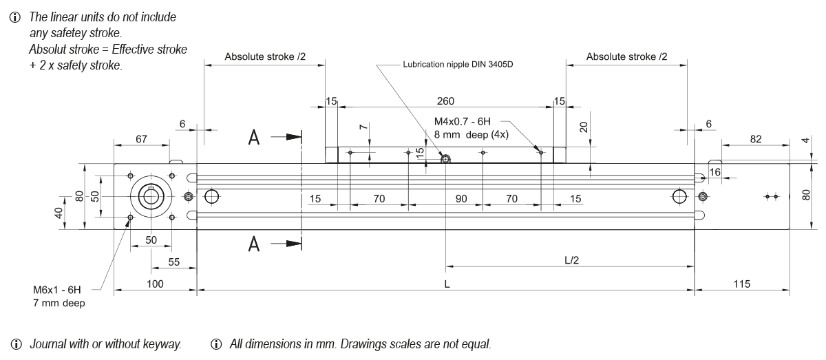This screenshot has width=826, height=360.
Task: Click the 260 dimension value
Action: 446,101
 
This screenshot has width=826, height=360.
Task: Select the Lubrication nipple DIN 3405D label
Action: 458,66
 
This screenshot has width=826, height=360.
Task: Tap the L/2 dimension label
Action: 571,260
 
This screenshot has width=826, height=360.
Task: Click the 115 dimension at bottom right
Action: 741,284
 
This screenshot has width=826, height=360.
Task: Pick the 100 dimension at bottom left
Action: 156,284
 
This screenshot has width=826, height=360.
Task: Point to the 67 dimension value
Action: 141,140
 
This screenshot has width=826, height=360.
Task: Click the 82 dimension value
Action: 755,140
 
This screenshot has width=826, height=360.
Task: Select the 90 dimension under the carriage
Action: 461,199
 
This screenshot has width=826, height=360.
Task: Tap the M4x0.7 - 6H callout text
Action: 471,122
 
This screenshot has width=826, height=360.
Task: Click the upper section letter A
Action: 255,138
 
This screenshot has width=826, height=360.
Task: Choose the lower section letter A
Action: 255,244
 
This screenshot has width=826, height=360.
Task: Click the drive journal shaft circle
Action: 151,197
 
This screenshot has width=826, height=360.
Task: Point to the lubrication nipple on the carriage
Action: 446,160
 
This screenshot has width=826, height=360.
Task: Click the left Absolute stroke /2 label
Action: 264,56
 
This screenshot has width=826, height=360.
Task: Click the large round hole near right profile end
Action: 679,197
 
